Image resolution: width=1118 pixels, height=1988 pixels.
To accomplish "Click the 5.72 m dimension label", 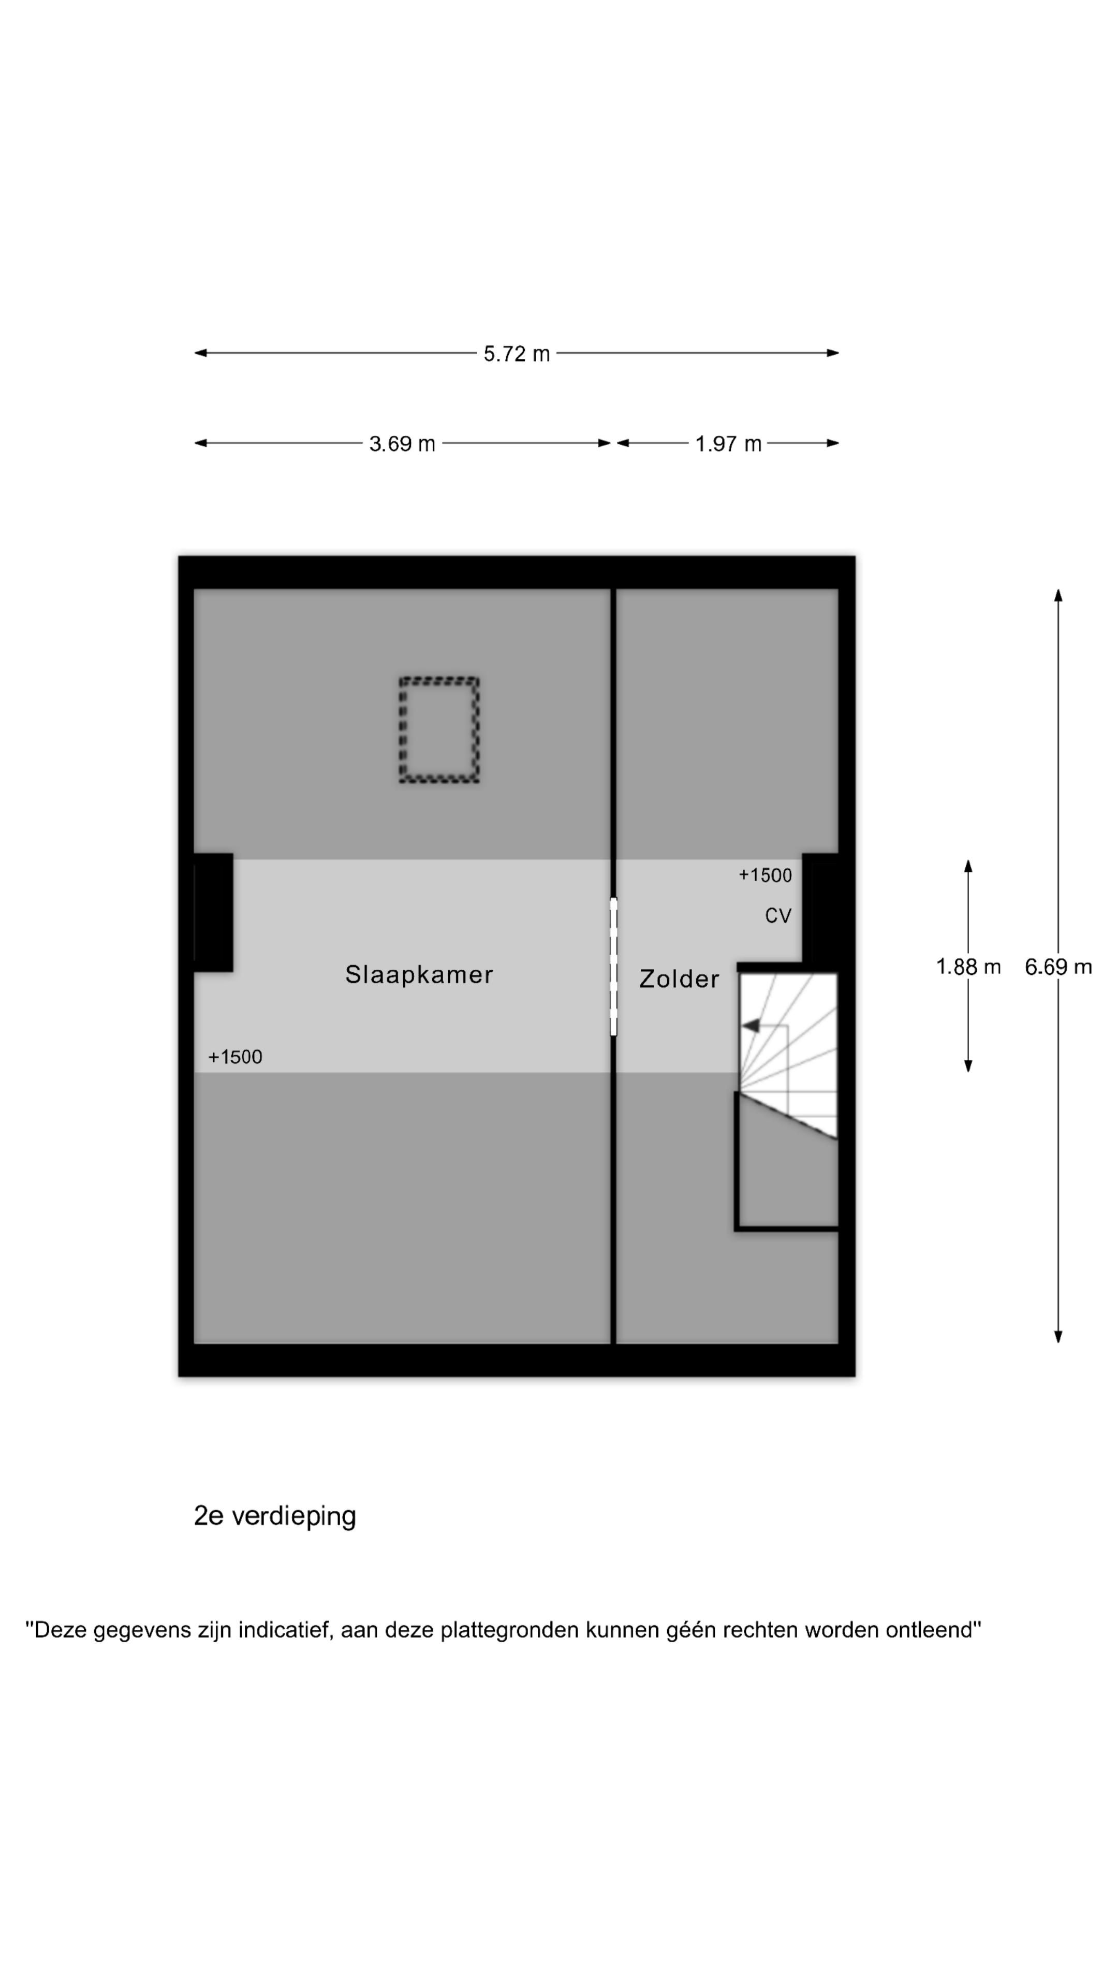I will click(516, 354).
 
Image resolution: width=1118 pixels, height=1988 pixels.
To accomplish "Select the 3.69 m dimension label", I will click(402, 444).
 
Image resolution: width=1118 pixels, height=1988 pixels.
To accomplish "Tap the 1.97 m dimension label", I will click(728, 444).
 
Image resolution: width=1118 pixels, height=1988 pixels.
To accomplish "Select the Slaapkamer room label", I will click(419, 975).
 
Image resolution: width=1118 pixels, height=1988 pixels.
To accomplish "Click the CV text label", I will click(778, 915).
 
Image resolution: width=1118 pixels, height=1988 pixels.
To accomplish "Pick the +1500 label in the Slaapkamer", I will click(236, 1057).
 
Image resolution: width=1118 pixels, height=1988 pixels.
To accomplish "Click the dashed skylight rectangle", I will click(439, 730).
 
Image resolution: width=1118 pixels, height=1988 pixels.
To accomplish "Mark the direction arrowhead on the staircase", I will click(751, 1026).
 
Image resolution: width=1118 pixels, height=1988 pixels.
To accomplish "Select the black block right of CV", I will click(820, 908).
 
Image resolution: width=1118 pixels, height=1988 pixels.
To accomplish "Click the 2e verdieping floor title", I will click(275, 1516).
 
